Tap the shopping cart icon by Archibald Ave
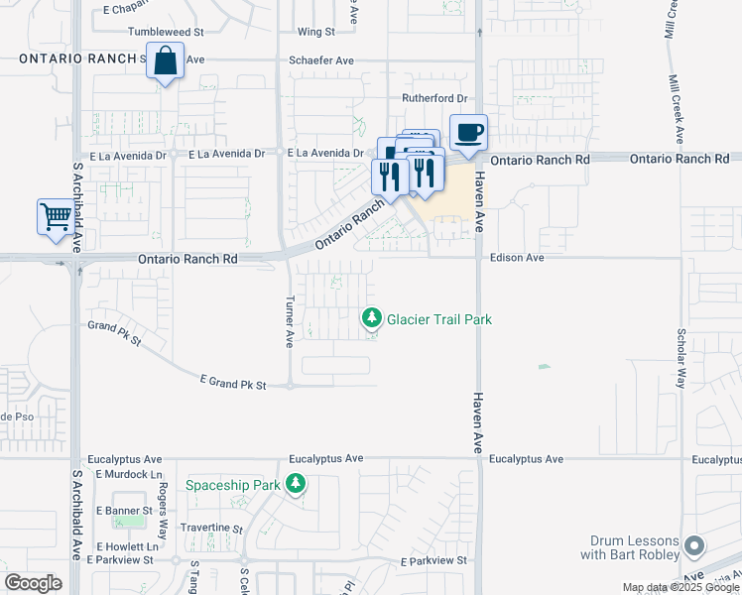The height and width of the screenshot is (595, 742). pyautogui.click(x=56, y=216)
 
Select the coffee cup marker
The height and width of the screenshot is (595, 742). pyautogui.click(x=468, y=131)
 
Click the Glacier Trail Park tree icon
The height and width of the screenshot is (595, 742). pyautogui.click(x=371, y=318)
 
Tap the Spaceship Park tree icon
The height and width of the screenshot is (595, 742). pyautogui.click(x=295, y=484)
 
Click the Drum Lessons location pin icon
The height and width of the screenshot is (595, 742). pyautogui.click(x=694, y=546)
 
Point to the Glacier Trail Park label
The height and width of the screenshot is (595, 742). pyautogui.click(x=439, y=319)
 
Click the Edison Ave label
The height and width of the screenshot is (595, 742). pyautogui.click(x=517, y=258)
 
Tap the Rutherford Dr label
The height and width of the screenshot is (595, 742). pyautogui.click(x=433, y=98)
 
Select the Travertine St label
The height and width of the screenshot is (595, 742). pyautogui.click(x=210, y=529)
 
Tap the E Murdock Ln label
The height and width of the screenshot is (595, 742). pyautogui.click(x=128, y=475)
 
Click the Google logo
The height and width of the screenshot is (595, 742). pyautogui.click(x=33, y=583)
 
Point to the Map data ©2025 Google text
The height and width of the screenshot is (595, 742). pyautogui.click(x=680, y=587)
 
